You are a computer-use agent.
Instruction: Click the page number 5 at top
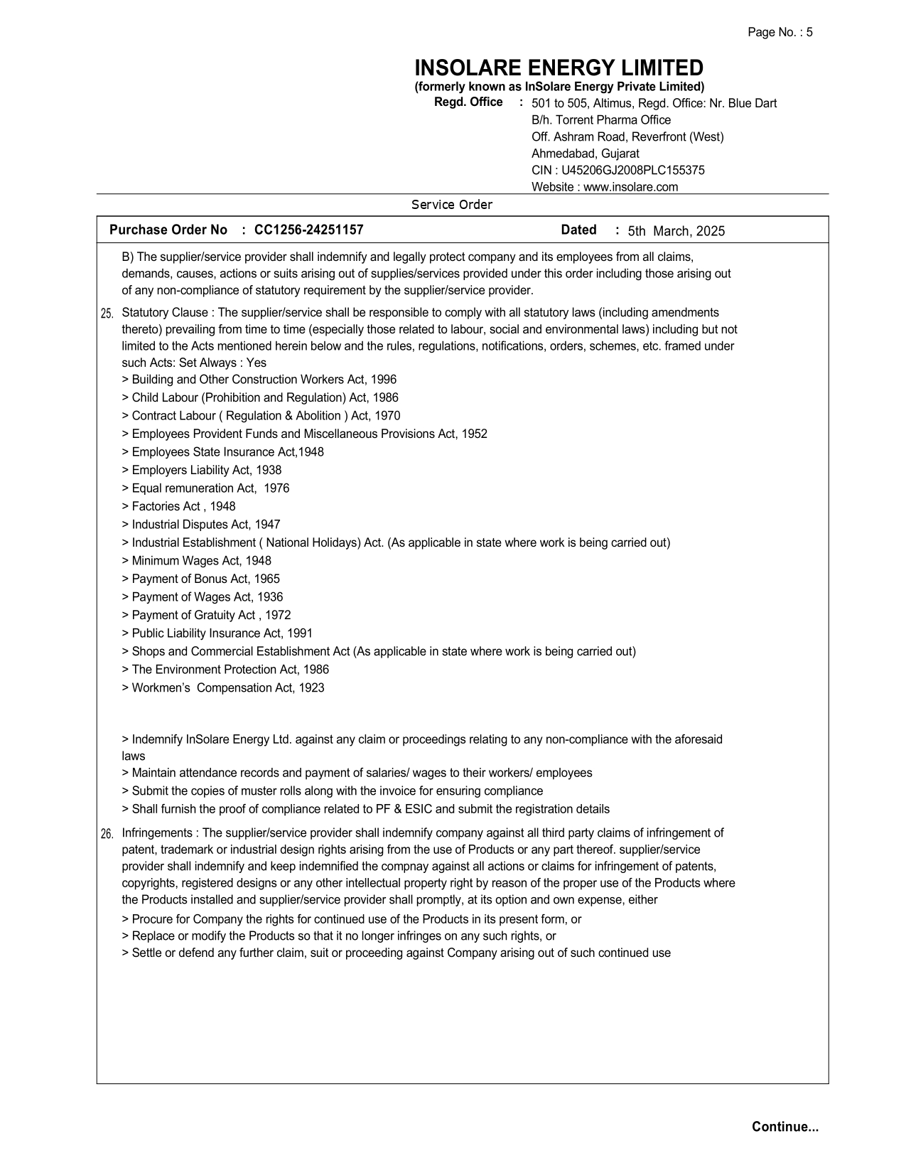(809, 33)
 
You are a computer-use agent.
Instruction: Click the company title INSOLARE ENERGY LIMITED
(559, 68)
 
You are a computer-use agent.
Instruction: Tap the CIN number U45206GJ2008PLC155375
(632, 171)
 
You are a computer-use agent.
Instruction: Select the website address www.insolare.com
(630, 188)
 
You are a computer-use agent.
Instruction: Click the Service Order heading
(452, 205)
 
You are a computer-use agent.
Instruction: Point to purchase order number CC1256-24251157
(308, 230)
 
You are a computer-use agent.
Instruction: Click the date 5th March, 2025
(676, 231)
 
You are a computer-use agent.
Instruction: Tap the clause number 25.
(107, 314)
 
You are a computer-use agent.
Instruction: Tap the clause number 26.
(107, 834)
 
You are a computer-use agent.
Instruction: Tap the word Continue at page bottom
(784, 1127)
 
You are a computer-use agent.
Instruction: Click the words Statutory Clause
(165, 313)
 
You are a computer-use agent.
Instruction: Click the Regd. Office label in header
(468, 102)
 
